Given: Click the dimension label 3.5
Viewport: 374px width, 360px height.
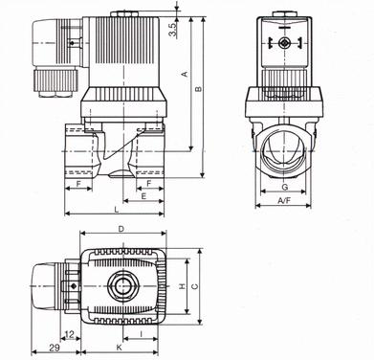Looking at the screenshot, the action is [x=172, y=30].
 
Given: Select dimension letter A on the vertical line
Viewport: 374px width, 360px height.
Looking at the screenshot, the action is [x=185, y=74].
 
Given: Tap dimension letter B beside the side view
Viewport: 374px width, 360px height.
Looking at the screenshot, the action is [x=198, y=89].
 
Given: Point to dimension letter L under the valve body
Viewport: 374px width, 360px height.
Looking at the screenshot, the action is [x=117, y=210].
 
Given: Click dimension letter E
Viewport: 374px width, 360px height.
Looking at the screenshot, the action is [x=143, y=196].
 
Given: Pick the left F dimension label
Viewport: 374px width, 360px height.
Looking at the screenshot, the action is [x=78, y=184].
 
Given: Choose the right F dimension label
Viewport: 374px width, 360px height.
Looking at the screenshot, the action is [x=148, y=184].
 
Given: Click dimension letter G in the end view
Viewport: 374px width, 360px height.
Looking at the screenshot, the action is [x=285, y=187].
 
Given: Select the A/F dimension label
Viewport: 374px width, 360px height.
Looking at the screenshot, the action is [x=284, y=200].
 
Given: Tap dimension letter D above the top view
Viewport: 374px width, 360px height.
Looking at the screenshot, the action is [x=121, y=229].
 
